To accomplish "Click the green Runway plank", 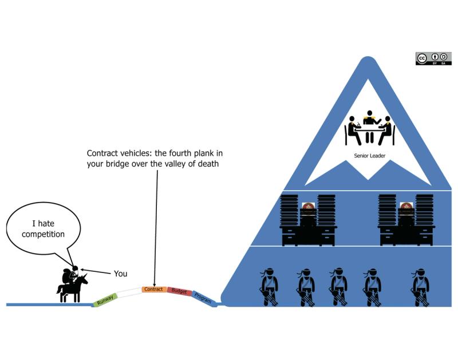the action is pos(105,298).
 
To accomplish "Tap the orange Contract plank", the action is pos(154,290).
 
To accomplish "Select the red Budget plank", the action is pos(179,291).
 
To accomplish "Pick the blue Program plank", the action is pos(202,298).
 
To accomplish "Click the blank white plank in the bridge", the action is pos(129,292).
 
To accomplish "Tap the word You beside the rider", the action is pos(120,274).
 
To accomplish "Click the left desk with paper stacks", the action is pos(309,220).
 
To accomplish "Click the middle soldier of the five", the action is pos(338,286).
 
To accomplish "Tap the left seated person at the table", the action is pos(352,130).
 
